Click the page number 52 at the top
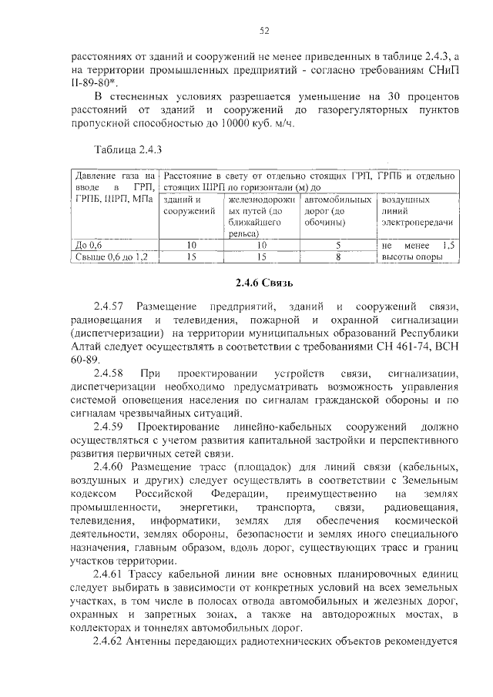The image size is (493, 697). click(x=264, y=31)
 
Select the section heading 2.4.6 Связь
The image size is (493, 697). click(x=264, y=282)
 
